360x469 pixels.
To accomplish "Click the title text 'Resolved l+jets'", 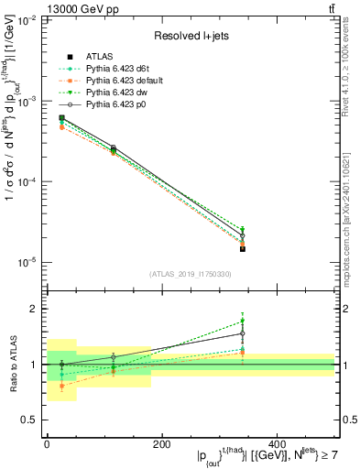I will coord(191,36).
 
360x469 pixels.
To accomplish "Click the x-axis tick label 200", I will coord(162,444).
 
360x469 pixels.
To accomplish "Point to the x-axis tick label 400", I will coord(277,444).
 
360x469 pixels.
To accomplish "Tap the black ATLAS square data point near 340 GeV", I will coord(243,248).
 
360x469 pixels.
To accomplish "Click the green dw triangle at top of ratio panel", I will coord(243,322).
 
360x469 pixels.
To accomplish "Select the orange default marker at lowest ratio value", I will coord(61,386).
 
